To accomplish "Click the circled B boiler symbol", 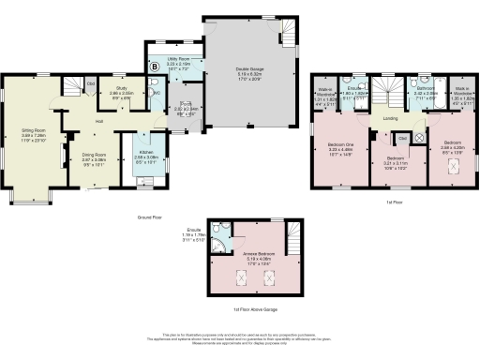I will tap(154, 67).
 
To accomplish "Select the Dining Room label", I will tap(94, 157).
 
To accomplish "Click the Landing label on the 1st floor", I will tap(391, 117).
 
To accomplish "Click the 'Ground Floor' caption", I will tap(145, 217).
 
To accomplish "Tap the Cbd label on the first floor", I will tap(402, 139).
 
